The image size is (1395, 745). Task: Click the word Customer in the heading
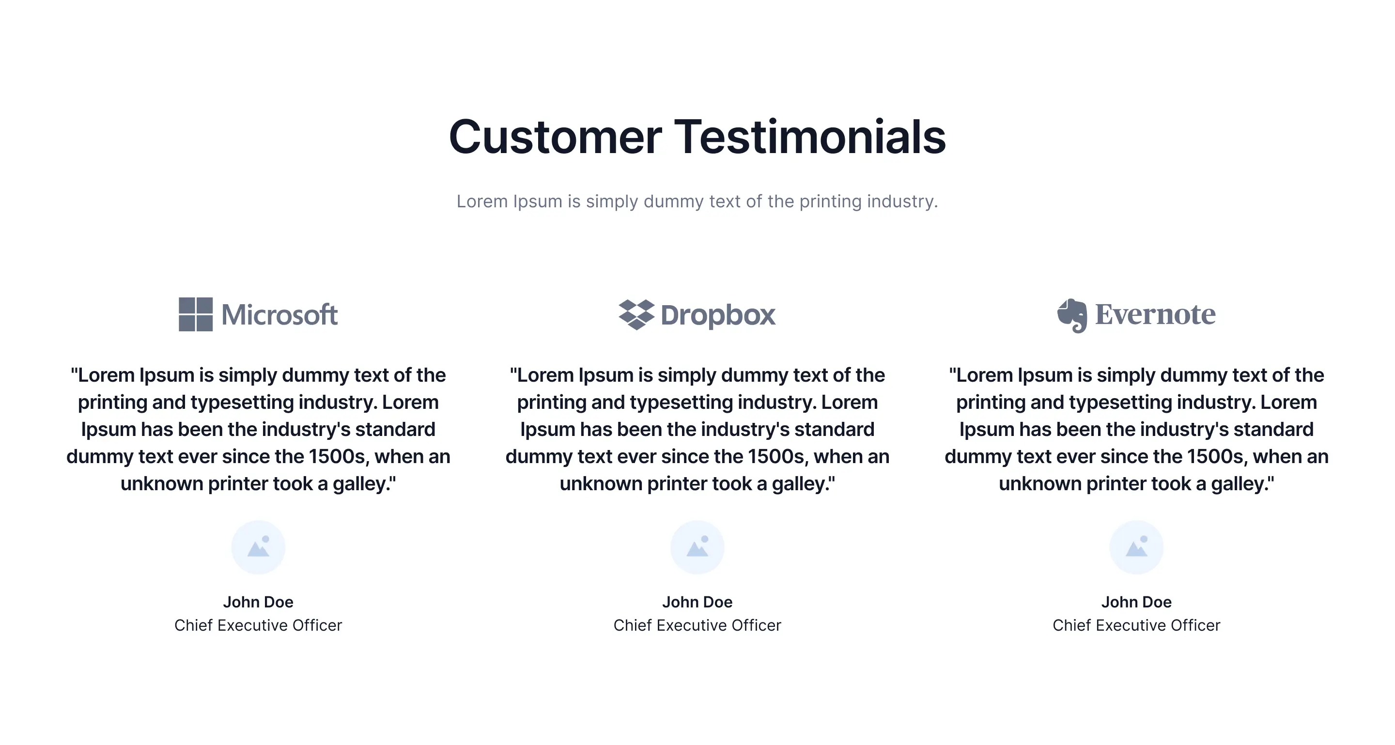coord(555,137)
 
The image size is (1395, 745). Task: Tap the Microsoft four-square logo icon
coord(196,314)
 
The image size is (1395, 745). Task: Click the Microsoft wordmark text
coord(279,314)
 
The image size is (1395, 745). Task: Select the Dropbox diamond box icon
coord(636,314)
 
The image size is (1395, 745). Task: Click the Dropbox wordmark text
coord(718,316)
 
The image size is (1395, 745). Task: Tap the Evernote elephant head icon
coord(1072,316)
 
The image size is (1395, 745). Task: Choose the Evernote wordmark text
coord(1155,314)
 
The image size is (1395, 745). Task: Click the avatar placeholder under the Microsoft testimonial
coord(258,547)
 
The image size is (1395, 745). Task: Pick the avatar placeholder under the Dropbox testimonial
coord(697,547)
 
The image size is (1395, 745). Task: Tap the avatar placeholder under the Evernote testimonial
coord(1137,547)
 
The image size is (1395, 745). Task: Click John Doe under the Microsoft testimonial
coord(258,602)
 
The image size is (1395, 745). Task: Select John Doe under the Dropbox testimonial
coord(697,602)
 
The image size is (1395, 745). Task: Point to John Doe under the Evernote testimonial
coord(1137,602)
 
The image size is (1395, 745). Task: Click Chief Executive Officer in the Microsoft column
coord(258,625)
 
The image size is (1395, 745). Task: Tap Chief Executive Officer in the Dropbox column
coord(697,625)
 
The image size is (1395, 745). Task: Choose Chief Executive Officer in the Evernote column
coord(1137,625)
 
